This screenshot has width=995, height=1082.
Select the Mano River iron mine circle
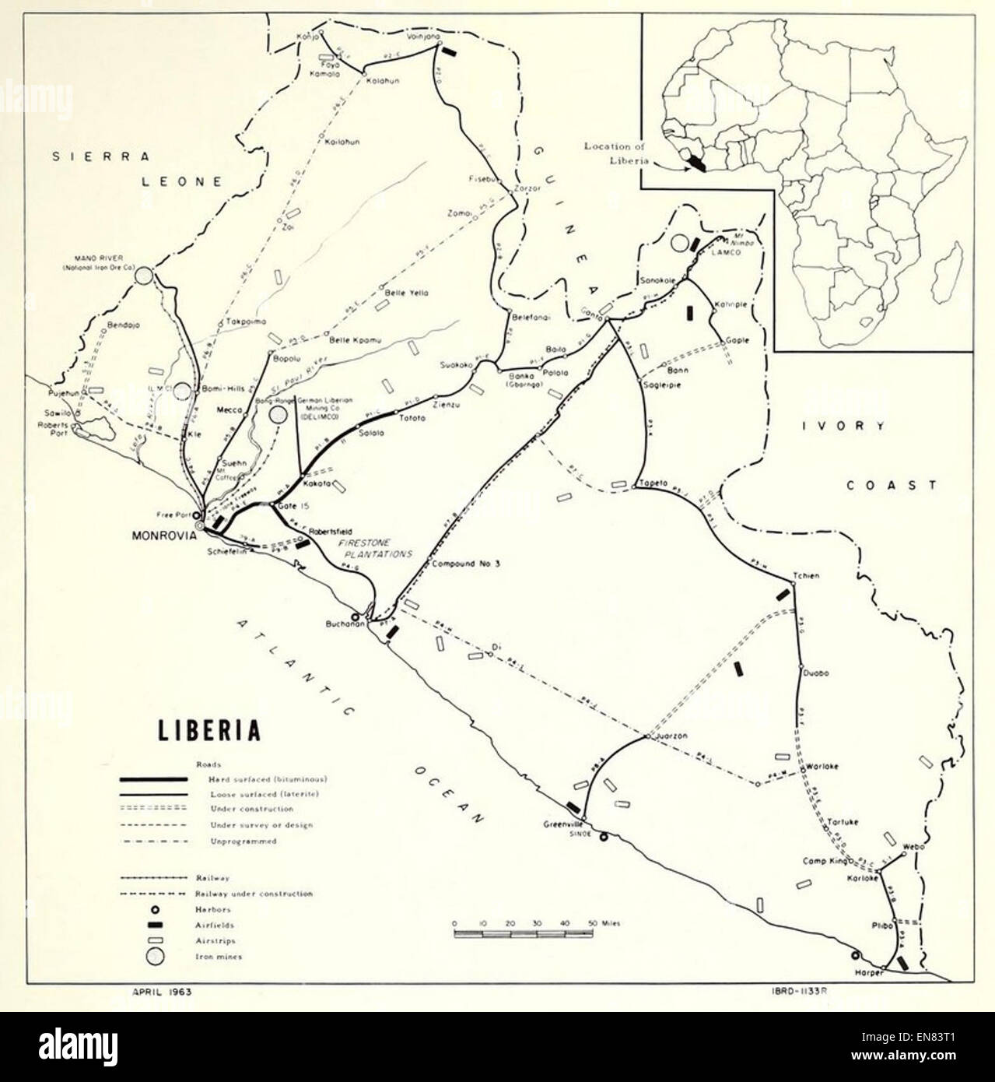(142, 275)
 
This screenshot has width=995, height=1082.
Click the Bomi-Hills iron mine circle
(183, 391)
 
